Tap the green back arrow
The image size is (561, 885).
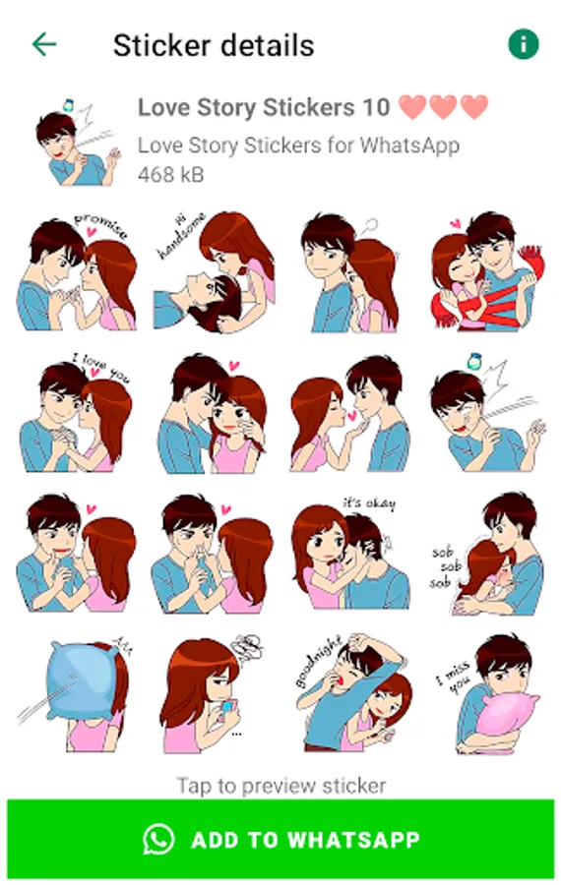tap(44, 44)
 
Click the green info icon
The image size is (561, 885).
tap(524, 44)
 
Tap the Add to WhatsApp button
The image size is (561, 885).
tap(280, 840)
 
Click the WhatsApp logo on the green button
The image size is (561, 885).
tap(158, 840)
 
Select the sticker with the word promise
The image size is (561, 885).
tap(77, 272)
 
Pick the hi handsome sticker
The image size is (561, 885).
tap(215, 272)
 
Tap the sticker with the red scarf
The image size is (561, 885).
tap(487, 272)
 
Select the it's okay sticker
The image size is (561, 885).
tap(350, 553)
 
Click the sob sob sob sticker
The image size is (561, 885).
tap(487, 555)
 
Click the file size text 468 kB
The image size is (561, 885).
tap(170, 174)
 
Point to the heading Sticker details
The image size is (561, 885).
tap(214, 45)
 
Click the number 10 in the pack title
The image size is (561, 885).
tap(376, 107)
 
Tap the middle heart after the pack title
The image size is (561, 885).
tap(444, 106)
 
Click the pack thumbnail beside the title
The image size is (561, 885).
tap(77, 143)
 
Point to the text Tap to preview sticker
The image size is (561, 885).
tap(281, 786)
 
